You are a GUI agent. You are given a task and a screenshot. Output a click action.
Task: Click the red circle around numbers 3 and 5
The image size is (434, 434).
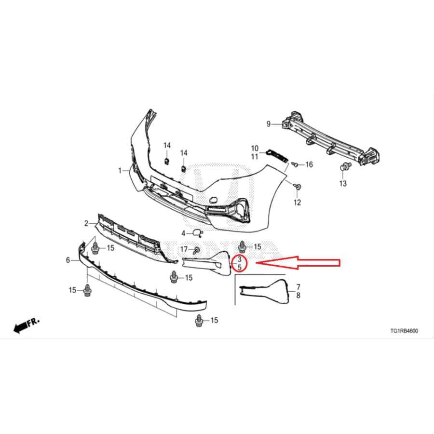[240, 263]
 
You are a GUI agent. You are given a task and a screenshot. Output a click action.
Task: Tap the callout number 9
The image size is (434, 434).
[269, 124]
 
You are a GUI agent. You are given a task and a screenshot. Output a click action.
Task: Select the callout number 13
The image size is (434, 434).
[343, 184]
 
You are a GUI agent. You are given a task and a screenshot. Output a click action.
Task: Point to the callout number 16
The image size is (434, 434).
[309, 165]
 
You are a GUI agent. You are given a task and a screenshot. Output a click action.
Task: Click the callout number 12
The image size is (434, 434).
[297, 202]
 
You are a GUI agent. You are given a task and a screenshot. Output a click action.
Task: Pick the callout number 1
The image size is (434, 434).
[120, 171]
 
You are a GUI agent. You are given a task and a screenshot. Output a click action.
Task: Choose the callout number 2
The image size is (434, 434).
[86, 224]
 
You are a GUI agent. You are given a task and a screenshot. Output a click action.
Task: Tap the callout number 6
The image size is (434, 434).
[68, 260]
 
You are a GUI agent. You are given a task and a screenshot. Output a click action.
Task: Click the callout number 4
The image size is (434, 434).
[183, 233]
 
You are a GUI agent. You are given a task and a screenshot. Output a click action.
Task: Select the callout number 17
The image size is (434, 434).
[184, 249]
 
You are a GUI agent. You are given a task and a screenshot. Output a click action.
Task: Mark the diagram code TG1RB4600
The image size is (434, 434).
[404, 331]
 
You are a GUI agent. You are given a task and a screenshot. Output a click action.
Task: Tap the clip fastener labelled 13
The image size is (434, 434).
[344, 168]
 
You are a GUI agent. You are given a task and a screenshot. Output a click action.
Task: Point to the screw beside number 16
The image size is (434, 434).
[296, 165]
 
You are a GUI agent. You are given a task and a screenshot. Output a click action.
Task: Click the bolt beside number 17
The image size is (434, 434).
[197, 250]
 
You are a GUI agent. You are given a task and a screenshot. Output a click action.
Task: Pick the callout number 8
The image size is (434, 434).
[298, 296]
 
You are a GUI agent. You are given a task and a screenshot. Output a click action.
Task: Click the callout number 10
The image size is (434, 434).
[255, 149]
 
